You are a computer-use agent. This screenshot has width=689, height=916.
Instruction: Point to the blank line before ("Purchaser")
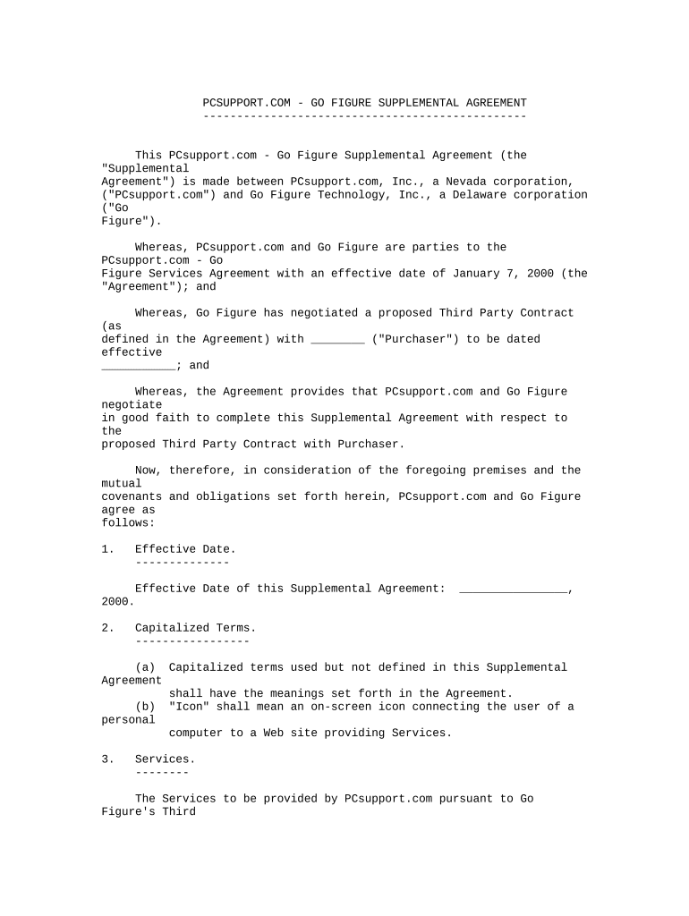click(x=337, y=340)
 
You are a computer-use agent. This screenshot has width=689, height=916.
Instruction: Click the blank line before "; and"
click(x=138, y=366)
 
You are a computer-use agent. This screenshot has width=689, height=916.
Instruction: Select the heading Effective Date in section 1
click(x=185, y=549)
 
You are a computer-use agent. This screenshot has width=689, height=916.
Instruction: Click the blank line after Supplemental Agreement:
click(x=514, y=589)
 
